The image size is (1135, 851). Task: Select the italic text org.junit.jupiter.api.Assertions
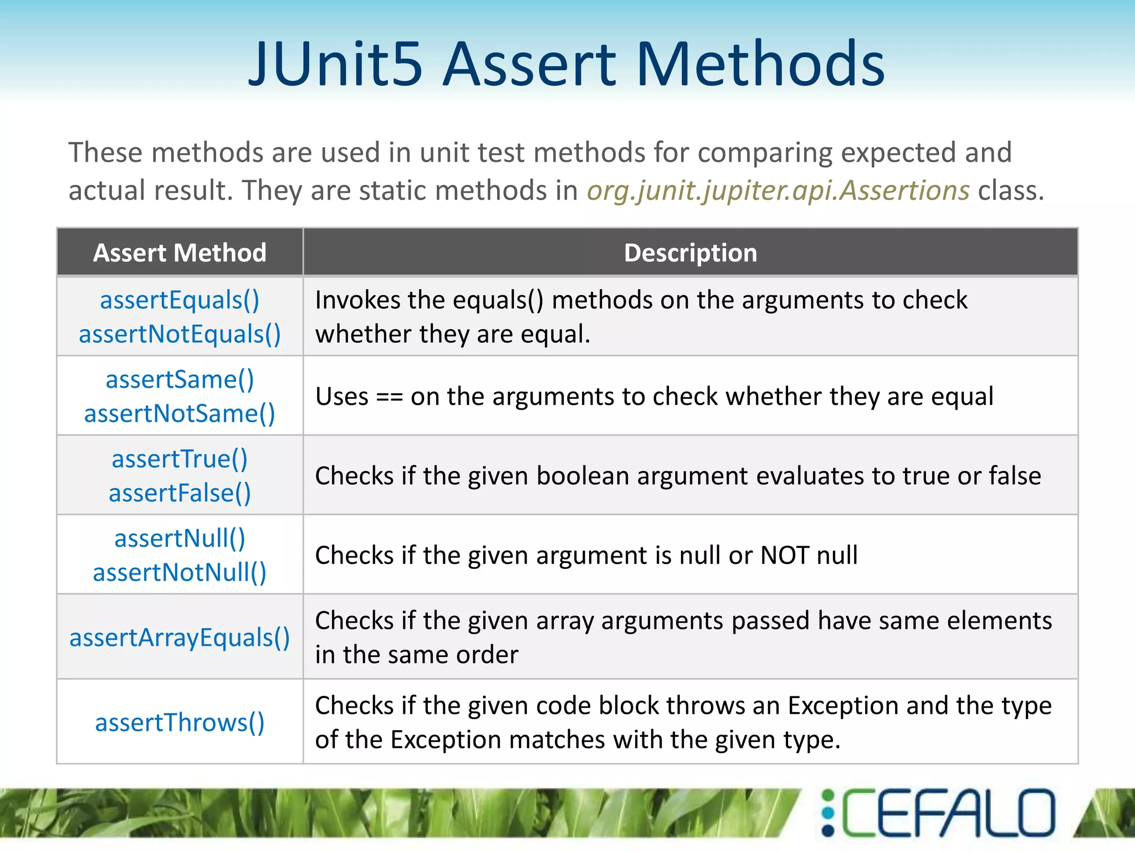pos(778,191)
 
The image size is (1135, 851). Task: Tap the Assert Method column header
pos(180,253)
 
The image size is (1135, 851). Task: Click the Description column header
pos(690,253)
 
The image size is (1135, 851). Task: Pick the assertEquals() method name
pos(180,300)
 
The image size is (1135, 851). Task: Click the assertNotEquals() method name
pos(180,334)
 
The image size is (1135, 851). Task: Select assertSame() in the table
pos(180,380)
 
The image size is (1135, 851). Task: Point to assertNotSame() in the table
pos(180,414)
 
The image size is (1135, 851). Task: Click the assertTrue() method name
pos(180,459)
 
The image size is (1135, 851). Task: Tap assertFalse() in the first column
pos(180,493)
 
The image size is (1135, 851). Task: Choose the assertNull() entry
pos(180,539)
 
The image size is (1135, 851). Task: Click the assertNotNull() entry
pos(180,572)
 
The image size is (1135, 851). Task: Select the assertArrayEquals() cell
pos(180,638)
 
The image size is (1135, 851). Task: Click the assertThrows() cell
pos(180,722)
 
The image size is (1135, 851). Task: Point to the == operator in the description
pos(389,397)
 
